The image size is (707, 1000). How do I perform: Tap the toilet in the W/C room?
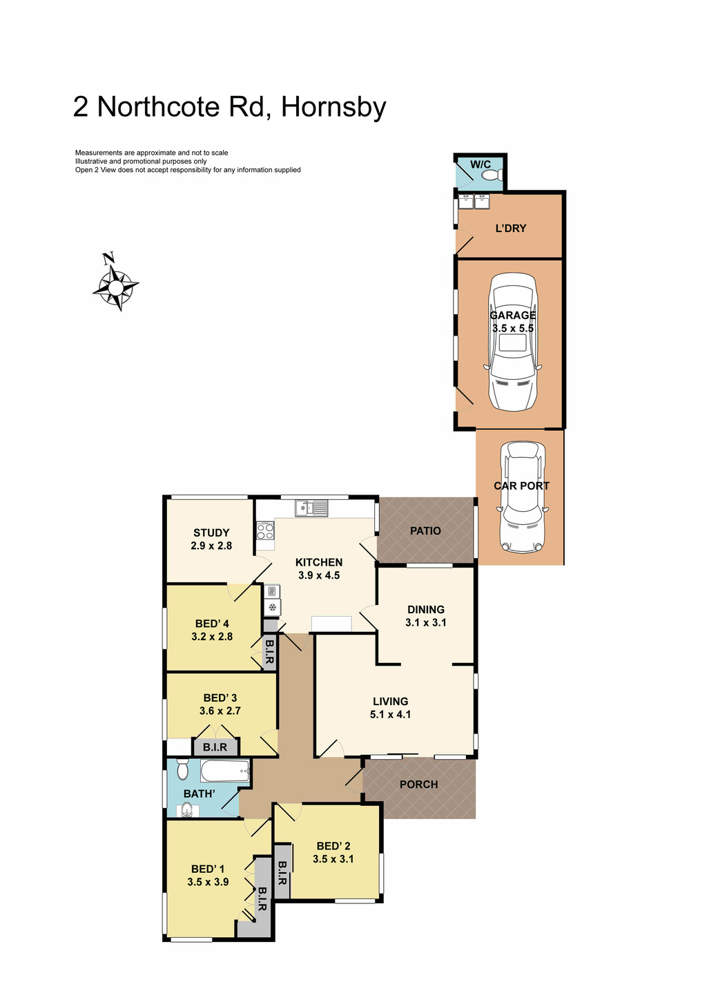tap(491, 176)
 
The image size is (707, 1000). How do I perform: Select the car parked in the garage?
tap(512, 341)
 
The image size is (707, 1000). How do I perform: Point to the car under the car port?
tap(522, 497)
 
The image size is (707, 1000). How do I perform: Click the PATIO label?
tap(425, 530)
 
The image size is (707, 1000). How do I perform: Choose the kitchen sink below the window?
tap(312, 509)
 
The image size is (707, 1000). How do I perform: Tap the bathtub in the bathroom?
tap(224, 771)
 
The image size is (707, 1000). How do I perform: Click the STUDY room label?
tap(211, 532)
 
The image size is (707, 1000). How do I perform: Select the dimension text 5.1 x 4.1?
tap(390, 714)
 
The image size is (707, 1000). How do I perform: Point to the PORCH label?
tap(418, 784)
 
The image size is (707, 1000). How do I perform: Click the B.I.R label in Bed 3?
tap(215, 747)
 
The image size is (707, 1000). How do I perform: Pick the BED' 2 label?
tap(333, 846)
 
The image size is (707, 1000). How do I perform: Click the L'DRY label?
tap(511, 228)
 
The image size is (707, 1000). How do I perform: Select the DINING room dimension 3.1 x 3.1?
tap(425, 622)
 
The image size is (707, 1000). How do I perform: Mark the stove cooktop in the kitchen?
tap(265, 531)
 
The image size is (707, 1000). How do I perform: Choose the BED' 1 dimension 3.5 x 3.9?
tap(208, 882)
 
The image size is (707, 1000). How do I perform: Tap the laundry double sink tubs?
tap(474, 202)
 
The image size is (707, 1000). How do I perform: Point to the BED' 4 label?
tap(212, 624)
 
